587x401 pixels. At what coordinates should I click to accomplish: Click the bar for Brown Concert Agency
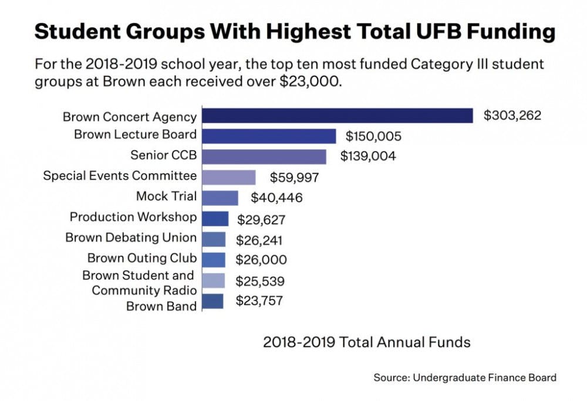coord(338,115)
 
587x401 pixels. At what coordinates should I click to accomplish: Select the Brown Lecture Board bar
coord(269,136)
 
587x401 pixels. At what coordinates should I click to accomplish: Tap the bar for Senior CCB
coord(264,157)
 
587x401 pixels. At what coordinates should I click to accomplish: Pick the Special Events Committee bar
coord(229,177)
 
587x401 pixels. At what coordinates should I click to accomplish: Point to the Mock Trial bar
coord(220,198)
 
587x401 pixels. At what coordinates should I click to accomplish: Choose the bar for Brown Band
coord(212,301)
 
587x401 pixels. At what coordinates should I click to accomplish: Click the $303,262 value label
coord(512,115)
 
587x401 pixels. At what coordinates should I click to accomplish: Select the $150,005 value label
coord(373,137)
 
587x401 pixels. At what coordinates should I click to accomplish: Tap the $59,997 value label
coord(295,178)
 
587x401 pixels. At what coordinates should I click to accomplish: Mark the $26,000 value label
coord(261,260)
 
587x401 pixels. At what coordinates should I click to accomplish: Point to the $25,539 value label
coord(259,281)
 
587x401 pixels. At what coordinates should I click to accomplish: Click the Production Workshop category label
coord(133,217)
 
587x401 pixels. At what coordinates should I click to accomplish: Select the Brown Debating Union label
coord(131,238)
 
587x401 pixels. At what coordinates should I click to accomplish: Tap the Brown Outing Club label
coord(142,259)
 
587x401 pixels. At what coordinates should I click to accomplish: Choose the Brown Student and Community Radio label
coord(139,283)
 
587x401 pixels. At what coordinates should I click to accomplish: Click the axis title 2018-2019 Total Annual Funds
coord(366,342)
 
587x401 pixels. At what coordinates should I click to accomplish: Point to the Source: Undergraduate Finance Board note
coord(465,378)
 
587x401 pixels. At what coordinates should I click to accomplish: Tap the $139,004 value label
coord(368,157)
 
